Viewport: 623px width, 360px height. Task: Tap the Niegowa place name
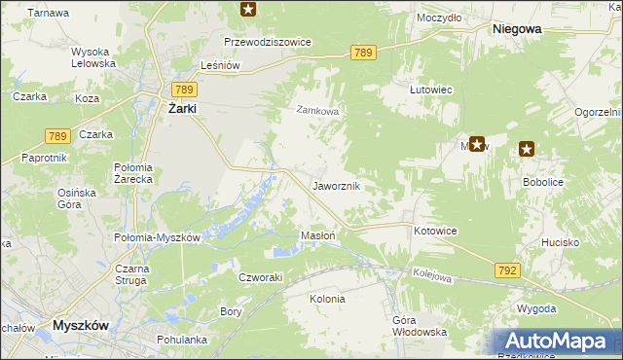pos(517,29)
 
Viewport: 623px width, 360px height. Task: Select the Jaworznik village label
pos(337,185)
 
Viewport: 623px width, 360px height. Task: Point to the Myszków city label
pos(86,325)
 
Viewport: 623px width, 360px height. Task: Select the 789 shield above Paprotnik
pos(56,136)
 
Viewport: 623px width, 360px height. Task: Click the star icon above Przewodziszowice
pos(248,10)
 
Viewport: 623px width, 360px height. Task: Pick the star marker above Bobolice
pos(527,149)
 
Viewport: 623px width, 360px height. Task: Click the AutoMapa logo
pos(557,342)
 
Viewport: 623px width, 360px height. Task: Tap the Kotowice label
pos(435,231)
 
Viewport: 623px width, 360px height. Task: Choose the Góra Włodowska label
pos(419,326)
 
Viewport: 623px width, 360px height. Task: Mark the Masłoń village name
pos(318,235)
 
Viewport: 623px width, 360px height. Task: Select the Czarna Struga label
pos(128,274)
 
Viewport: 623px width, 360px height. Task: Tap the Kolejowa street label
pos(432,276)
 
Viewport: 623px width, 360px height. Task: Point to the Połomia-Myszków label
pos(157,237)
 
